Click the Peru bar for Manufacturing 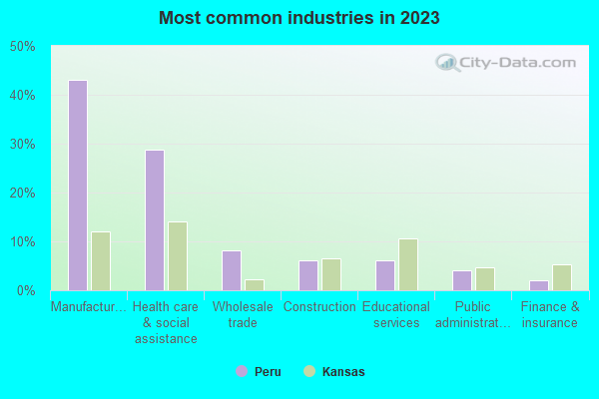click(x=78, y=186)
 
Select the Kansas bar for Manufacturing click(x=101, y=261)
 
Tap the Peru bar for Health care click(x=155, y=220)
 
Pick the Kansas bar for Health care click(x=178, y=256)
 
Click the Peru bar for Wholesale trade click(x=232, y=270)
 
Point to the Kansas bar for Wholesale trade click(x=255, y=285)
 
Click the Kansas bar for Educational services click(x=408, y=264)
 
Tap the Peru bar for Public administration click(x=462, y=280)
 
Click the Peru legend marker click(x=241, y=371)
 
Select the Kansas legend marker click(x=309, y=371)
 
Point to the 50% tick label click(x=23, y=46)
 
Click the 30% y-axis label click(x=23, y=144)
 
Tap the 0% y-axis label click(x=27, y=290)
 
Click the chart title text click(x=299, y=18)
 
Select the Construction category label click(x=319, y=307)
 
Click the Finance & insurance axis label click(x=549, y=315)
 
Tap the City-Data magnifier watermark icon click(x=449, y=63)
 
